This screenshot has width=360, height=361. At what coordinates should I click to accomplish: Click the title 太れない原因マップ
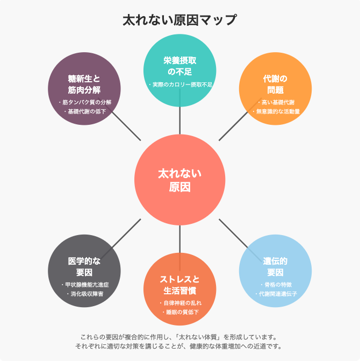pos(179,20)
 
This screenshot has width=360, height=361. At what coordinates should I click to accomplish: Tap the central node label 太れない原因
pos(179,180)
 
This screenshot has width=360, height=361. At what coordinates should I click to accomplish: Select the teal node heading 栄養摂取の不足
pos(179,65)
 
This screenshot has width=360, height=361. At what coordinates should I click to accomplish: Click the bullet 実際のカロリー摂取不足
pos(181,85)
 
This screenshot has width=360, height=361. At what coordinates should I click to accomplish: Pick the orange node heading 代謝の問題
pos(275,84)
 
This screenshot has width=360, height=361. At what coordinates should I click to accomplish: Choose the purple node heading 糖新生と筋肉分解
pos(84,84)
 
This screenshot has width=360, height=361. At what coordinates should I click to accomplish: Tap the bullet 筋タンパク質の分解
pos(85,102)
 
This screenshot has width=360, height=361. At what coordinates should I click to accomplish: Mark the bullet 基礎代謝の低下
pos(85,112)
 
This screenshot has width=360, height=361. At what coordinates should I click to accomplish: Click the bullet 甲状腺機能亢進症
pos(85,285)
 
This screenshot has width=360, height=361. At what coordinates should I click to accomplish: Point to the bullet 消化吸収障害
pos(85,294)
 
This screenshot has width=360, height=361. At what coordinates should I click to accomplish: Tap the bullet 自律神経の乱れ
pos(181,303)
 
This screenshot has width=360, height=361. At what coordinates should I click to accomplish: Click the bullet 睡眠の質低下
pos(181,313)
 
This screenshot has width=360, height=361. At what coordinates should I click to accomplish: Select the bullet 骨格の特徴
pos(276,285)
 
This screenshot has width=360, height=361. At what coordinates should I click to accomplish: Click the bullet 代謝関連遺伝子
pos(276,294)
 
